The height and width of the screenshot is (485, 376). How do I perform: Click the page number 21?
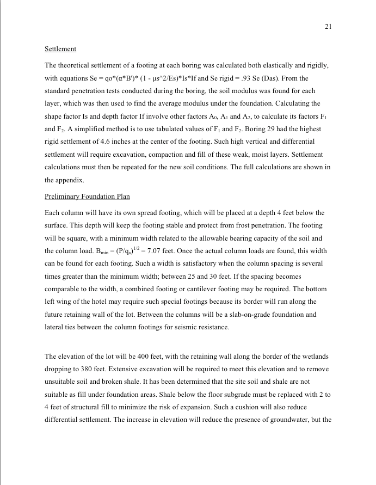[x=328, y=26]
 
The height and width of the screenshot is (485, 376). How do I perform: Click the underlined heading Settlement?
[x=60, y=50]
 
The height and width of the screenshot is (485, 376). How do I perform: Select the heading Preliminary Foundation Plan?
[x=87, y=197]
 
